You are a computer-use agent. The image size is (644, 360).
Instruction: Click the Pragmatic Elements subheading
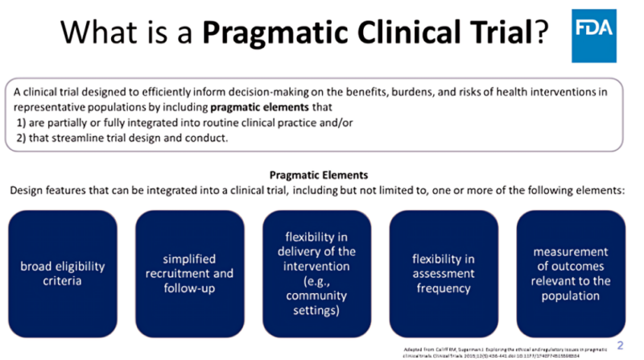(x=320, y=174)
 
